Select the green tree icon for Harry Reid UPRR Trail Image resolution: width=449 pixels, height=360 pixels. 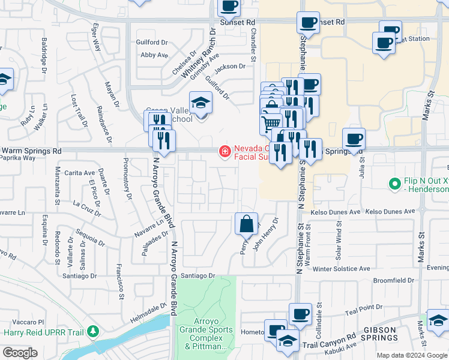tap(92, 331)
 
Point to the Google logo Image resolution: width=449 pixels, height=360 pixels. tap(20, 353)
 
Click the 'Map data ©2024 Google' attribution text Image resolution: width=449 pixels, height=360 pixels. tap(411, 355)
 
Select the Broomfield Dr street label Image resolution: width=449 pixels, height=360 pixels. tap(393, 280)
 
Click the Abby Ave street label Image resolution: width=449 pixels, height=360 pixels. tap(154, 55)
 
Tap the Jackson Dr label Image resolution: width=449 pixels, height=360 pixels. tap(231, 67)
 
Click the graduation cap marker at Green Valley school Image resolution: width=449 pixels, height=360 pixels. tap(200, 103)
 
